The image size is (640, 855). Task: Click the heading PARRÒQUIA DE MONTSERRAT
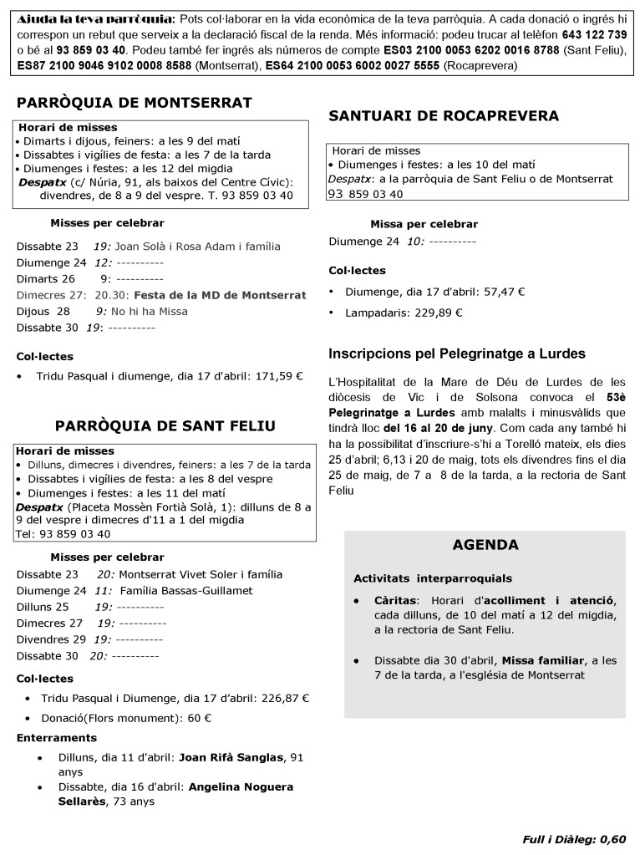point(135,103)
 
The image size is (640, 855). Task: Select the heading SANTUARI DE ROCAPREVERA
point(444,115)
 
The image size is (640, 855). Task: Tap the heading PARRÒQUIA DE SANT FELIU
point(165,425)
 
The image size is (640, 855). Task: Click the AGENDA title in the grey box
point(485,545)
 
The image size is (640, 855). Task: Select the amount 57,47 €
point(499,292)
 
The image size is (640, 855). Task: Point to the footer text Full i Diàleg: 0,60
point(573,838)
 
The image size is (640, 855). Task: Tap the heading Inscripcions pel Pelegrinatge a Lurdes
point(457,353)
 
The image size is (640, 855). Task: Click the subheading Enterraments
point(56,737)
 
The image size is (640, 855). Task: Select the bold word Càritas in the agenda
point(395,600)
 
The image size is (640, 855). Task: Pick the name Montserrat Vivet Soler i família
point(201,574)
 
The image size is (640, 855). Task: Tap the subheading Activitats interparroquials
point(433,578)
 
